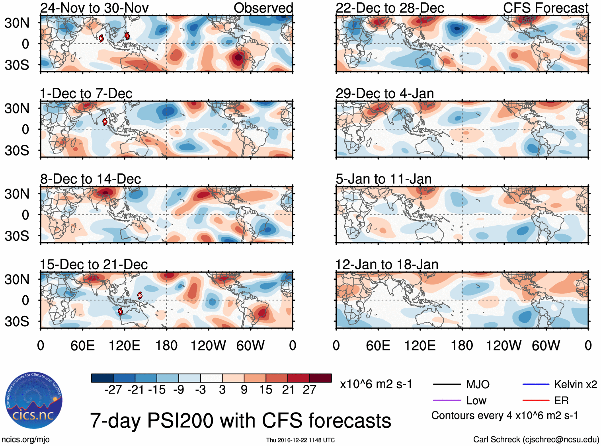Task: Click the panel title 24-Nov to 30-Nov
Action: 94,8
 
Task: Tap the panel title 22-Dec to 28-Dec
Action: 390,8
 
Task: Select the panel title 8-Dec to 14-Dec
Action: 90,179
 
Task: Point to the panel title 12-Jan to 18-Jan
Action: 386,265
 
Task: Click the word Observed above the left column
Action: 263,8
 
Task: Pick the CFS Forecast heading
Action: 545,8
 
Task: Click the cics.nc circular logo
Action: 33,401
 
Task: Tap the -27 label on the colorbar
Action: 113,390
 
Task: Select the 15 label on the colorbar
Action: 265,390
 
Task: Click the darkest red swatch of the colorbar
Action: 320,378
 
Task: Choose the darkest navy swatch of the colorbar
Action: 102,378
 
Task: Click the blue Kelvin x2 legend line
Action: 536,384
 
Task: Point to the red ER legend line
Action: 536,400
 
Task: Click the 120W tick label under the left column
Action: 208,345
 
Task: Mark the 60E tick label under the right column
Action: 378,345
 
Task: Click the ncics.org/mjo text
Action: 25,439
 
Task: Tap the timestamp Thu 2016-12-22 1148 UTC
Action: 300,440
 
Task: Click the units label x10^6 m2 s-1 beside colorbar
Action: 376,384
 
